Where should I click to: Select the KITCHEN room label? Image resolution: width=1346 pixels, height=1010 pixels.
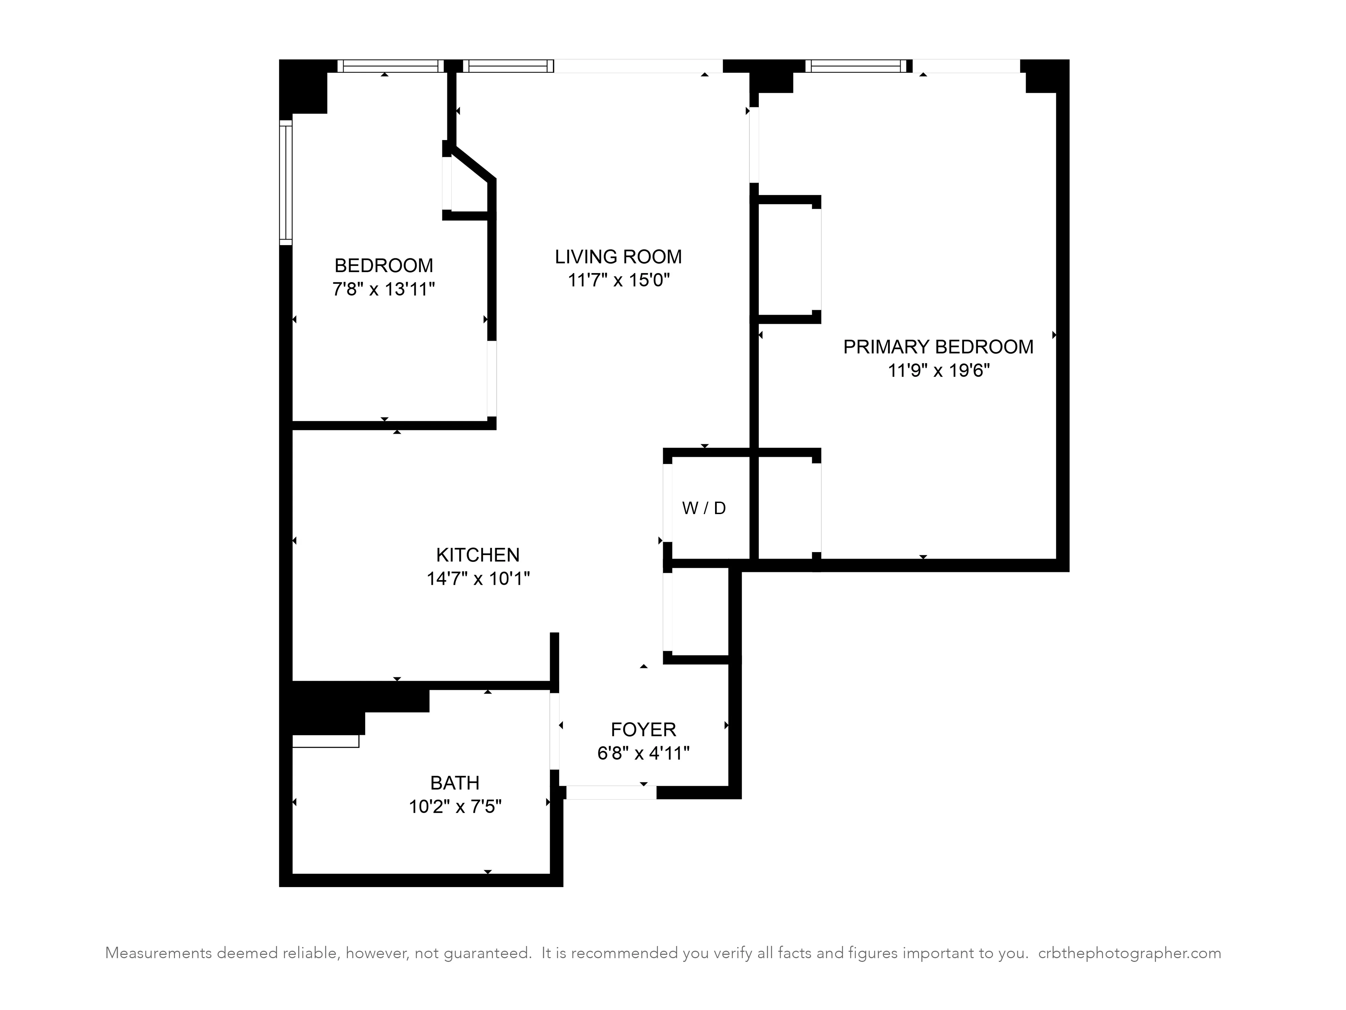click(x=478, y=554)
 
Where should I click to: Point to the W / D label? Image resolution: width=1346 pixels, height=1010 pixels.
click(x=704, y=508)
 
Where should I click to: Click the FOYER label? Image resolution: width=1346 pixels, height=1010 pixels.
click(x=643, y=729)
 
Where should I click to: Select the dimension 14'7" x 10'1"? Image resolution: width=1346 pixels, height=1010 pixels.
click(x=478, y=578)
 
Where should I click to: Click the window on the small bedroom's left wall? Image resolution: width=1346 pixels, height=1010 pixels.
click(x=285, y=182)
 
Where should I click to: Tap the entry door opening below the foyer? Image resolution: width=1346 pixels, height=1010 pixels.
click(x=611, y=792)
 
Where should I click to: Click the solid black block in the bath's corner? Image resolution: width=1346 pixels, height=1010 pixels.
click(x=341, y=706)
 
